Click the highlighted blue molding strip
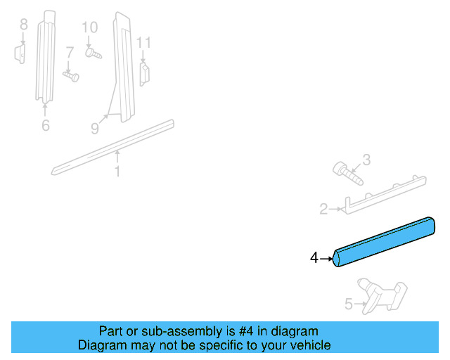(x=385, y=241)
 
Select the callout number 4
(x=314, y=258)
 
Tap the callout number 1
(x=117, y=171)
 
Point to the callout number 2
(x=323, y=208)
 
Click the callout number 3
(x=366, y=161)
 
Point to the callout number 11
(x=143, y=43)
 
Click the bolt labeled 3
(x=347, y=172)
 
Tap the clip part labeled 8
(x=20, y=53)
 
